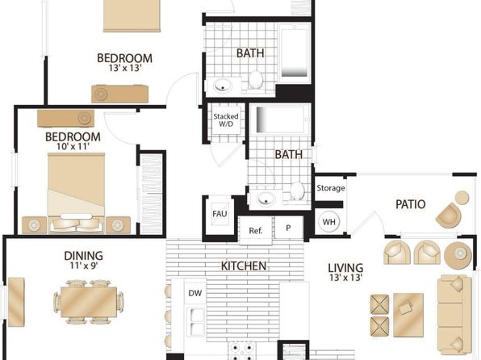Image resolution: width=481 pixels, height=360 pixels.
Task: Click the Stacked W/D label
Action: point(226,120)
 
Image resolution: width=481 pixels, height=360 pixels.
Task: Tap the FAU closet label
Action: point(220,214)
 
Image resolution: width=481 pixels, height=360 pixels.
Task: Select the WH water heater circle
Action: point(328,222)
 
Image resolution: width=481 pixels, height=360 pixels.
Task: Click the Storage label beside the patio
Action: point(330,188)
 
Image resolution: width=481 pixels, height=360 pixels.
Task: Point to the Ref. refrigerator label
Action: point(256,231)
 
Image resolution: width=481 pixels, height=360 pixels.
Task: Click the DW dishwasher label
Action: point(195,293)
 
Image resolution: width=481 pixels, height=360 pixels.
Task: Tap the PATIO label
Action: point(411,204)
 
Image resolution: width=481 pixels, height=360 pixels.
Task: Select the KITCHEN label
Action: point(244,266)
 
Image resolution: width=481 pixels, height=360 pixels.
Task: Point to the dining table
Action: point(89,302)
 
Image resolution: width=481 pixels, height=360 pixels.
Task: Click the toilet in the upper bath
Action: point(255,79)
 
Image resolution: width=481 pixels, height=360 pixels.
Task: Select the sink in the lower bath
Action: point(266,199)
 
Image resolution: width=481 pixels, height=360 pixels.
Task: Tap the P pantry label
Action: point(288,228)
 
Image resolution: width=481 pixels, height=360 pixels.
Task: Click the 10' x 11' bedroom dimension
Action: point(73,146)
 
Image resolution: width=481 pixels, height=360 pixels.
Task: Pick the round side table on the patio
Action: point(462,198)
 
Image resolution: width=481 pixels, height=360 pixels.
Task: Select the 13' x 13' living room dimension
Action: point(346,278)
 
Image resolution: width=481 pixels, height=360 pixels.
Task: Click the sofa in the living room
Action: point(454,314)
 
